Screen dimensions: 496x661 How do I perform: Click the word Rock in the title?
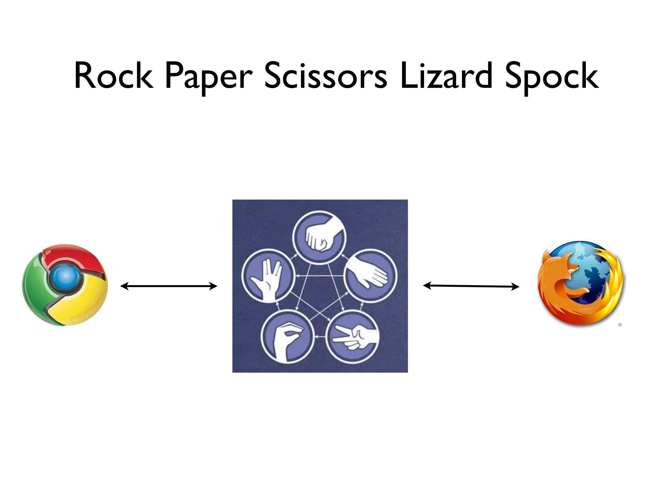114,76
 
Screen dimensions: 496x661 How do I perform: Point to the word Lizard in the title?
446,76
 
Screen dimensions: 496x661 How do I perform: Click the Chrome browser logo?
65,285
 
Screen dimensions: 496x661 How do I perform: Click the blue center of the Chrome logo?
66,277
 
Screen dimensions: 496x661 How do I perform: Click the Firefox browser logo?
580,283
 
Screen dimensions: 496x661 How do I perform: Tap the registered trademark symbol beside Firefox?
620,325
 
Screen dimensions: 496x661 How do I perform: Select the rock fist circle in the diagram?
319,238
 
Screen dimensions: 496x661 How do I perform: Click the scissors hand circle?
352,336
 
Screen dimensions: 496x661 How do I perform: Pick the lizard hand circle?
287,336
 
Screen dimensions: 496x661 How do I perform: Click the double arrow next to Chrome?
169,286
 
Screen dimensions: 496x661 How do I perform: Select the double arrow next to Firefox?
471,286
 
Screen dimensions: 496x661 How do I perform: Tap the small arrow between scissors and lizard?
320,337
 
